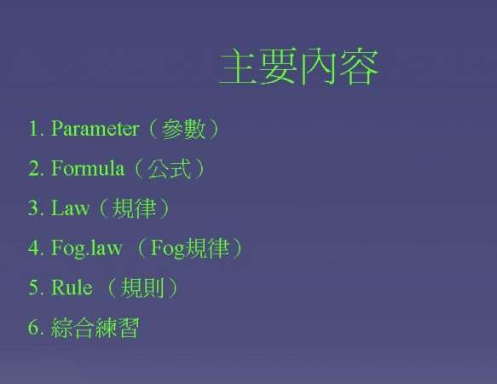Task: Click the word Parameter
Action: point(95,129)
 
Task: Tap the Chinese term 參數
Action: point(184,130)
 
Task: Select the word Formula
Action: point(87,168)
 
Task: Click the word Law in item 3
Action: point(70,208)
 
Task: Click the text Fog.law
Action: point(86,248)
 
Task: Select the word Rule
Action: point(72,288)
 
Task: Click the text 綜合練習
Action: point(95,328)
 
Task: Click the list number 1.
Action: point(34,129)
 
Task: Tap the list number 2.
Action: point(34,168)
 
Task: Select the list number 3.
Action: point(34,208)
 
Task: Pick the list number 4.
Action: point(34,248)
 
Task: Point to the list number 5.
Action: point(34,288)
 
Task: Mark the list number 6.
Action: point(34,328)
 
